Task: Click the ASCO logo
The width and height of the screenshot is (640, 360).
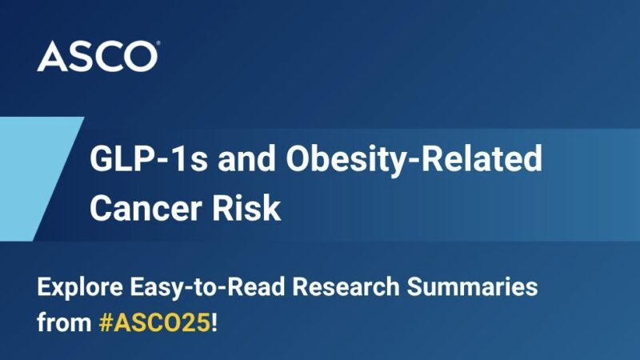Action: tap(97, 57)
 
